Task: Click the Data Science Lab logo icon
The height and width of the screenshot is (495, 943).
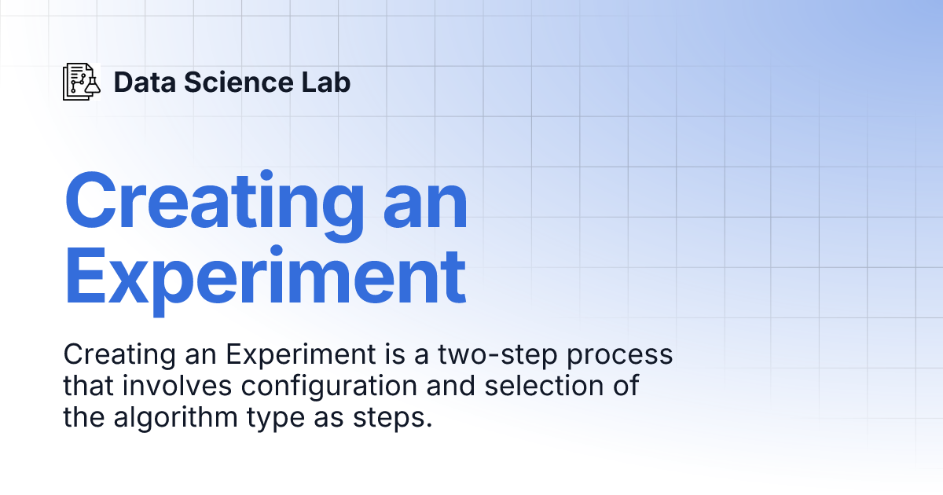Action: (82, 82)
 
